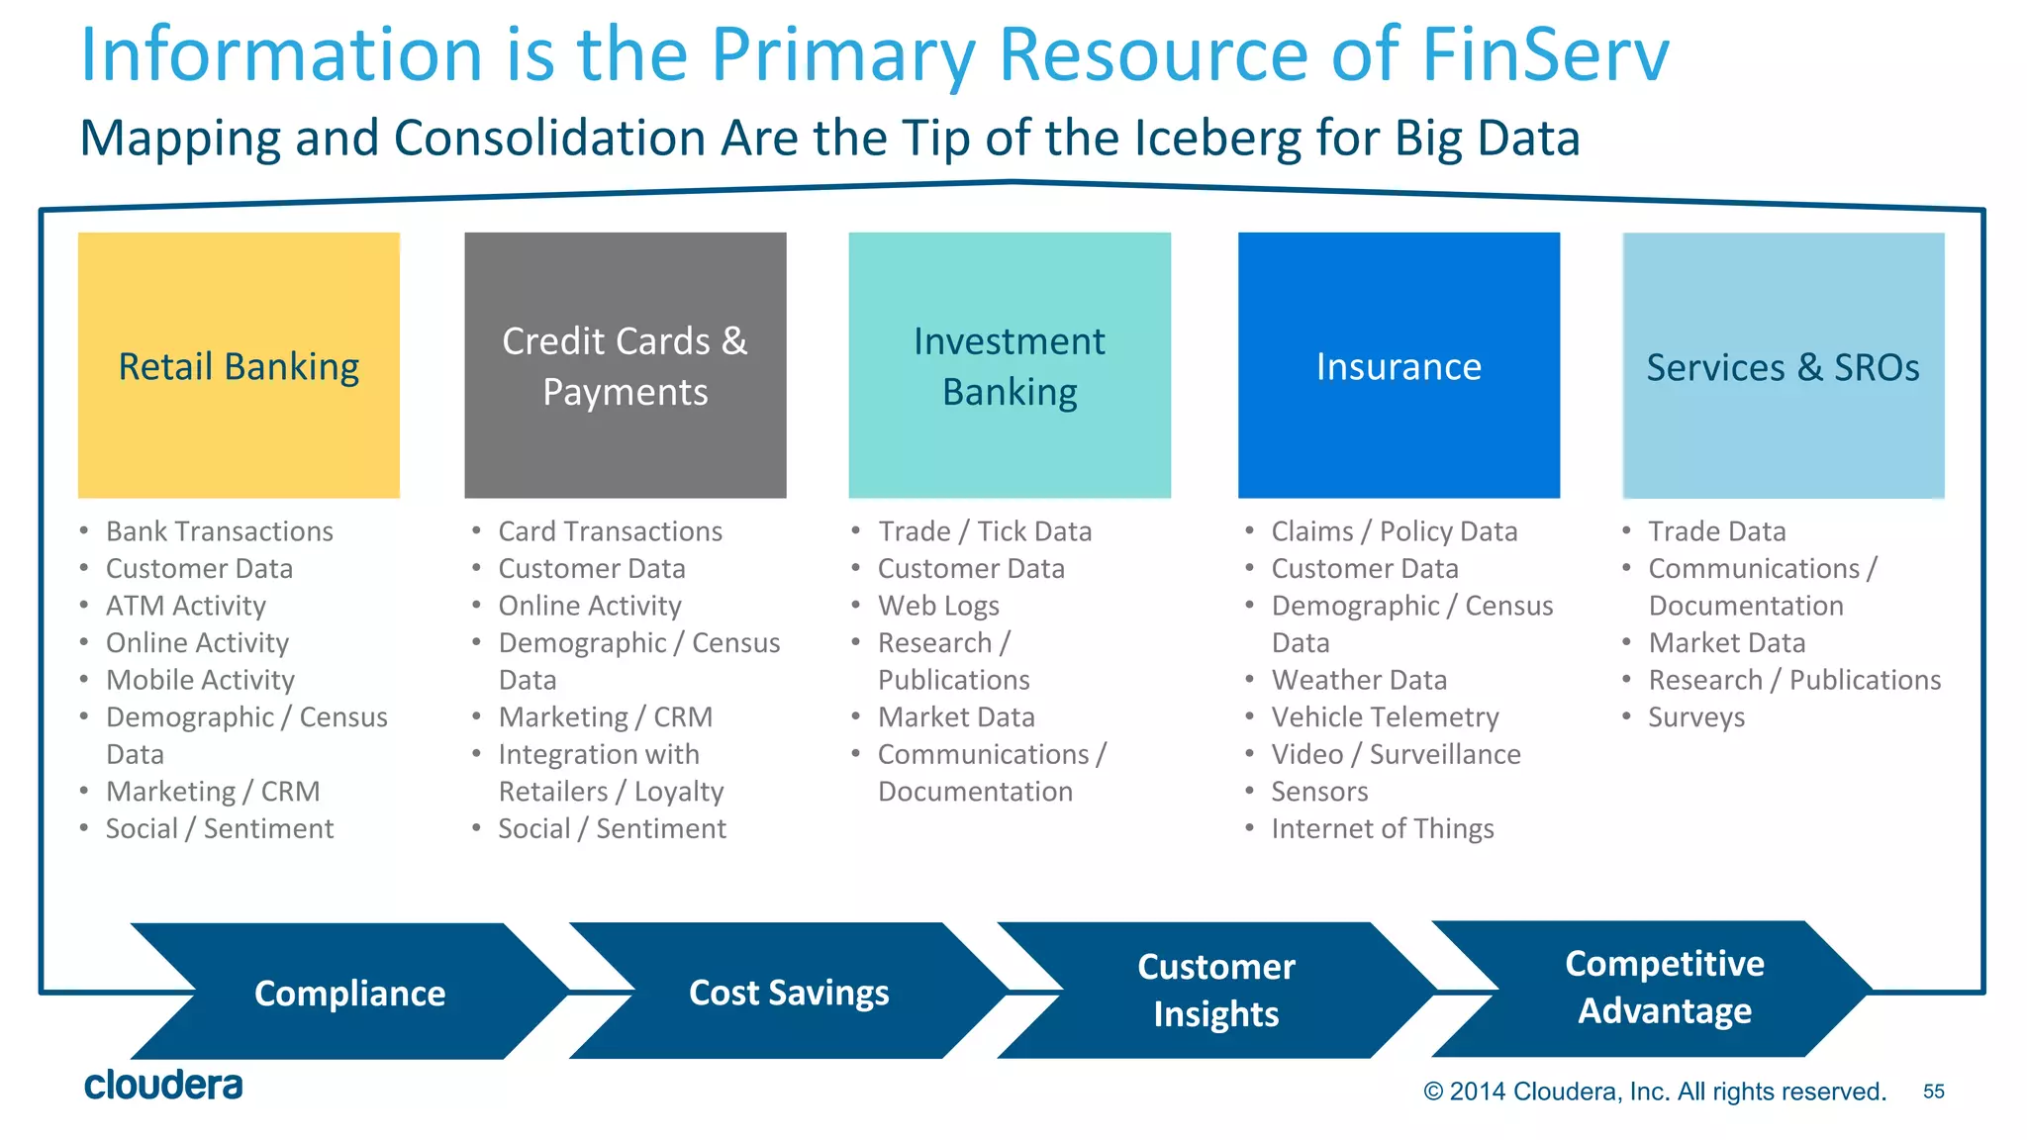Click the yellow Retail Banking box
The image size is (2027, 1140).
pos(239,365)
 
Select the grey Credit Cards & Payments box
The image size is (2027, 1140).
pos(625,365)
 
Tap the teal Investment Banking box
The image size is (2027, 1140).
pos(1009,365)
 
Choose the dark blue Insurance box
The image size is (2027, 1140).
pos(1399,365)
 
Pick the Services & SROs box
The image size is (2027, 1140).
pos(1783,365)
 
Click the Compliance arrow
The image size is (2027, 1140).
pos(349,993)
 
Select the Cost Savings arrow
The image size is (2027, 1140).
pos(789,993)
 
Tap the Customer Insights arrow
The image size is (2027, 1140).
pos(1215,991)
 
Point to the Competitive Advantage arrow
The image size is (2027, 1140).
pos(1664,988)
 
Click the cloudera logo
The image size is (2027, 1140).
pos(163,1086)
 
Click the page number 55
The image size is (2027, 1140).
pos(1933,1092)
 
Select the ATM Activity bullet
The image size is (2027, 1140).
pos(186,606)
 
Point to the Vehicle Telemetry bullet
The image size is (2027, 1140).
pos(1385,717)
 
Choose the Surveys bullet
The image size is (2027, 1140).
pos(1695,717)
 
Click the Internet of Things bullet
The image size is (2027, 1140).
pos(1382,829)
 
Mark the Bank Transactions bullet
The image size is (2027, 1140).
pos(219,531)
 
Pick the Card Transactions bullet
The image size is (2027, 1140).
pos(610,531)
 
